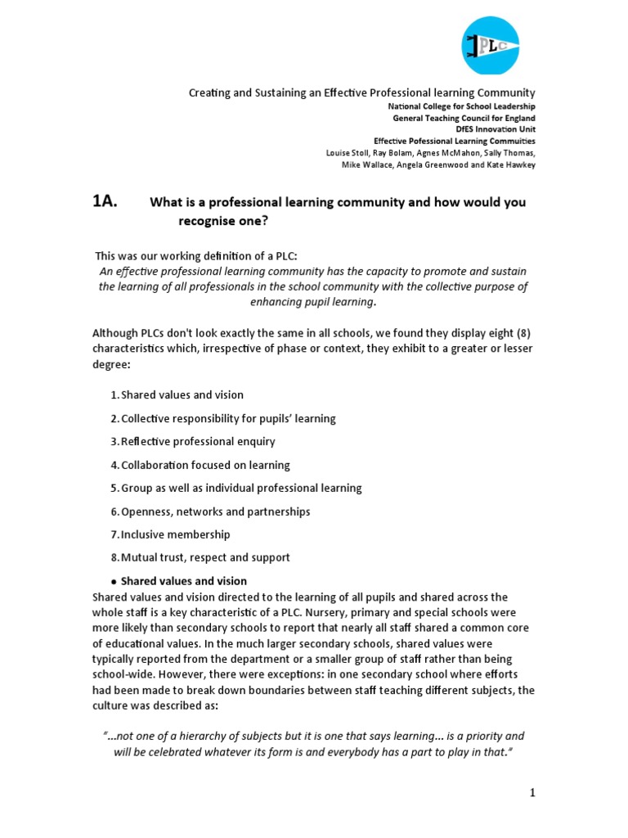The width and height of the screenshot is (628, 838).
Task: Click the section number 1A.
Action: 105,203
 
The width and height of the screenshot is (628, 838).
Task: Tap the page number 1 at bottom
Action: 531,792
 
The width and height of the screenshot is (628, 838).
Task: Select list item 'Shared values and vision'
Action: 182,394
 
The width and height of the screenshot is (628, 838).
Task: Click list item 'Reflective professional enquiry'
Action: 198,441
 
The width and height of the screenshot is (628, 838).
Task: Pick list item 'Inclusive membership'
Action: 175,534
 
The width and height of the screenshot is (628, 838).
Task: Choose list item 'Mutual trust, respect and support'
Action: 205,557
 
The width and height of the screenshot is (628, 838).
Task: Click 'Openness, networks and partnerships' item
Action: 215,511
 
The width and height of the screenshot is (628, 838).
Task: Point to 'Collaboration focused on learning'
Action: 205,465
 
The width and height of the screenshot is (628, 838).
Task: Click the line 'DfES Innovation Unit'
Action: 496,129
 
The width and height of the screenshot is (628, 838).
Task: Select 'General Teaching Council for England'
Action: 464,118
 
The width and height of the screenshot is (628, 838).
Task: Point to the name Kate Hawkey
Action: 513,164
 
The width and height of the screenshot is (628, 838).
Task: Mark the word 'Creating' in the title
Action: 209,93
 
